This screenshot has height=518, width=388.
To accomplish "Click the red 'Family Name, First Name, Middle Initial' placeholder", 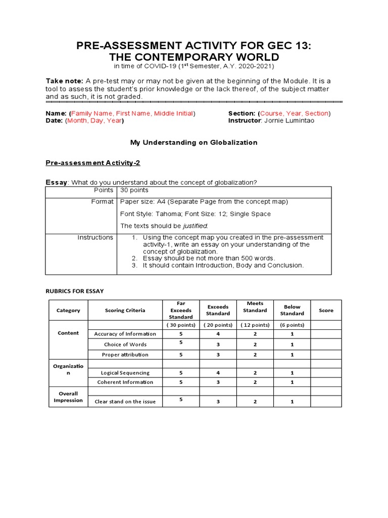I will point(132,113).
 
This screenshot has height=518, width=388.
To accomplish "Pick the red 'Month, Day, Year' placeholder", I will point(94,121).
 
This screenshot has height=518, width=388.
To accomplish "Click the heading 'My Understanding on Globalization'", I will point(193,143).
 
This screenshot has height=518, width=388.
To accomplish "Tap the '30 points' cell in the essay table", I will point(134,190).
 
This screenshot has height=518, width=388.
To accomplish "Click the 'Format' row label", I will point(103,202).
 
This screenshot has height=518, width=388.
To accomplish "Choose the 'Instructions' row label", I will point(95,237).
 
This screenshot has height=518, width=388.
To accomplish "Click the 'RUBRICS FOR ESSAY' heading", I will point(74,291).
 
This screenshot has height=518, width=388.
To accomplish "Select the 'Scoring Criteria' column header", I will point(125,310).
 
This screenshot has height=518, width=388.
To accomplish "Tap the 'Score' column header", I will point(326,310).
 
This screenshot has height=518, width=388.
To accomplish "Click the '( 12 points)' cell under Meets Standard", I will point(255,325).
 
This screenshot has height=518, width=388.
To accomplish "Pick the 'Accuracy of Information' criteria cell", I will point(125,334).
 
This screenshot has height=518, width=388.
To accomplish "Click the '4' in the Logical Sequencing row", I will point(218,373).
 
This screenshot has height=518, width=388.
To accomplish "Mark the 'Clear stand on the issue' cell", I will point(125,402).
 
